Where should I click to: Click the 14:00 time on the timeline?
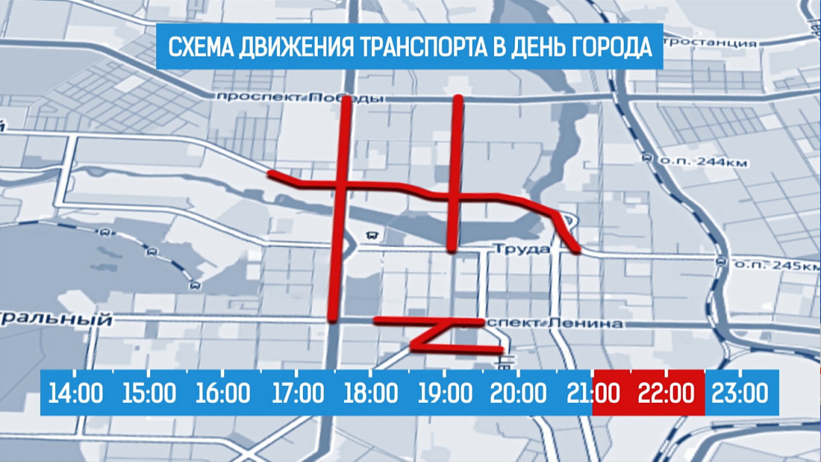(76, 393)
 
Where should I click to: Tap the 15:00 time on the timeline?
(149, 393)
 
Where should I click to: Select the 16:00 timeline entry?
(222, 393)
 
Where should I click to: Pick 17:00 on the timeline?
(296, 393)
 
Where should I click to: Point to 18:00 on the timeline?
(370, 393)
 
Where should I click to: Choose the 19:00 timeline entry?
(444, 393)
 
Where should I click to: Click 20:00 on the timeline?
(517, 393)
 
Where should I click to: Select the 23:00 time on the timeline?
(741, 393)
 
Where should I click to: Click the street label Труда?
(521, 249)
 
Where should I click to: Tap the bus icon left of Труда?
(374, 233)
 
